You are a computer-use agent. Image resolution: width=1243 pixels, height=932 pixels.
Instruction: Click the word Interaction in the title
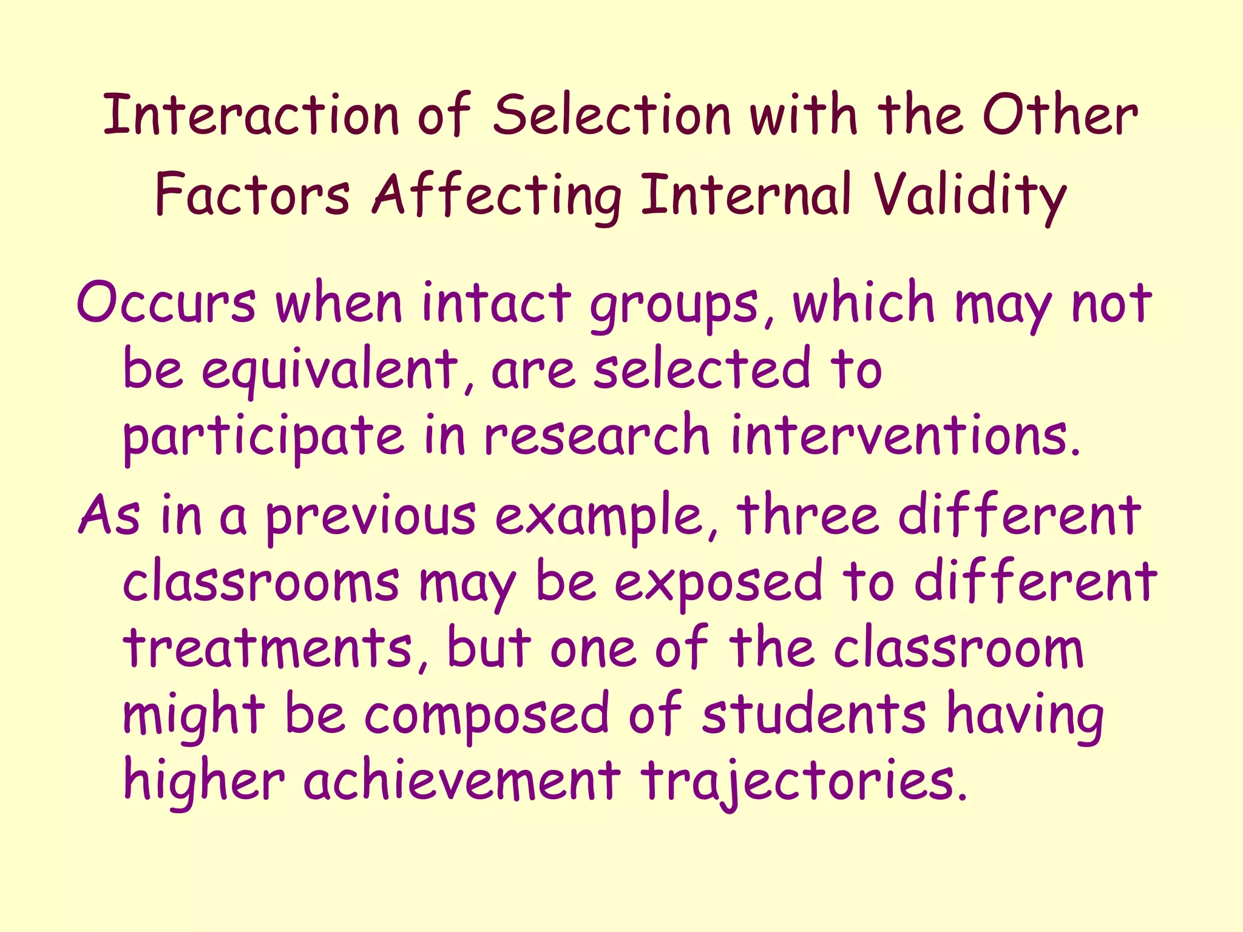tap(251, 115)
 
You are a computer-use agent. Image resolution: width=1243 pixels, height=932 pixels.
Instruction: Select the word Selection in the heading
tap(612, 115)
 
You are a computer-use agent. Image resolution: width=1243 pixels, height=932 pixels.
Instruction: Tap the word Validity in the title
tap(969, 195)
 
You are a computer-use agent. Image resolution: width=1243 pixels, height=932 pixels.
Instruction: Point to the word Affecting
tap(496, 195)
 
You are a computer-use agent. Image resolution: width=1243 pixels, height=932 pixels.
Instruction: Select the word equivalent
tap(329, 370)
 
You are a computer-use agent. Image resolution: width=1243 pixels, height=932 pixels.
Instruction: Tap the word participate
tap(263, 437)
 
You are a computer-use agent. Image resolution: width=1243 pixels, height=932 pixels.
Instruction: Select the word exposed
tap(718, 582)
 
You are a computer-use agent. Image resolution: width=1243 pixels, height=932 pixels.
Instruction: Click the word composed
tap(486, 716)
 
